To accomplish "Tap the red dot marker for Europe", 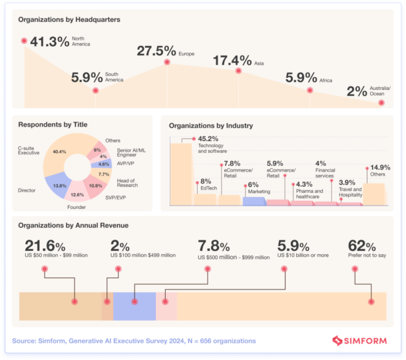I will coord(166,63).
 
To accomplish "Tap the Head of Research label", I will coord(126,182).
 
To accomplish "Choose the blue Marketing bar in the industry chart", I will coord(254,201).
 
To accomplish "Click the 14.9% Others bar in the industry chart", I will coord(375,194).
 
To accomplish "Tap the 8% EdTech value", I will coord(205,181).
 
